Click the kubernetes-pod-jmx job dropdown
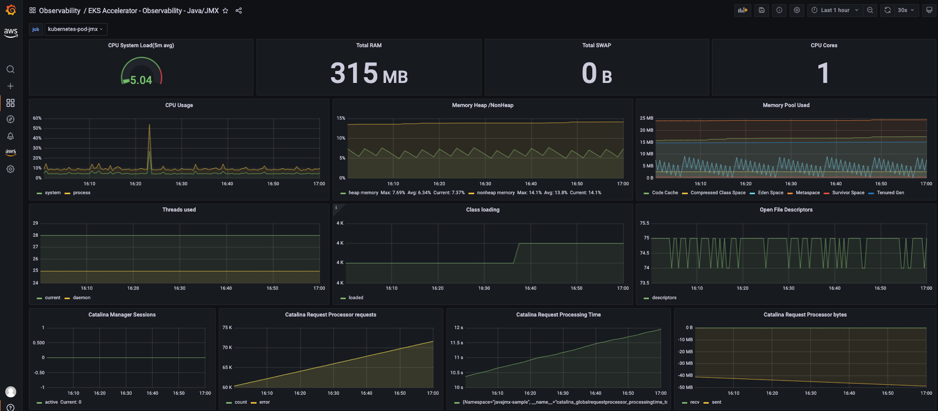[x=76, y=29]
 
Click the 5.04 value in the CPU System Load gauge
[x=141, y=80]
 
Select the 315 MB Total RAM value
[x=369, y=73]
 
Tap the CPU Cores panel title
[x=824, y=46]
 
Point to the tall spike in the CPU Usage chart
[x=150, y=126]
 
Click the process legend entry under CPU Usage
[x=81, y=193]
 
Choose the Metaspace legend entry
[x=807, y=193]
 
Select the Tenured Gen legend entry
[x=890, y=193]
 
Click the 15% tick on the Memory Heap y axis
[x=341, y=118]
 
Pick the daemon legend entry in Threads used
[x=81, y=298]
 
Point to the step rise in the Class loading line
[x=516, y=252]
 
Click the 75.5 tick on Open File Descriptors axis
[x=644, y=223]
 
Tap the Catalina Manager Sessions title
[x=122, y=315]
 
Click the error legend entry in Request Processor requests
[x=264, y=402]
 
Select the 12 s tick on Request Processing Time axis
[x=459, y=328]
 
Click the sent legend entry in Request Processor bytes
[x=717, y=402]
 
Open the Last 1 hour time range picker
[x=835, y=10]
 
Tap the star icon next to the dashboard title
[x=226, y=10]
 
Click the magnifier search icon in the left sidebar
[x=10, y=69]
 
